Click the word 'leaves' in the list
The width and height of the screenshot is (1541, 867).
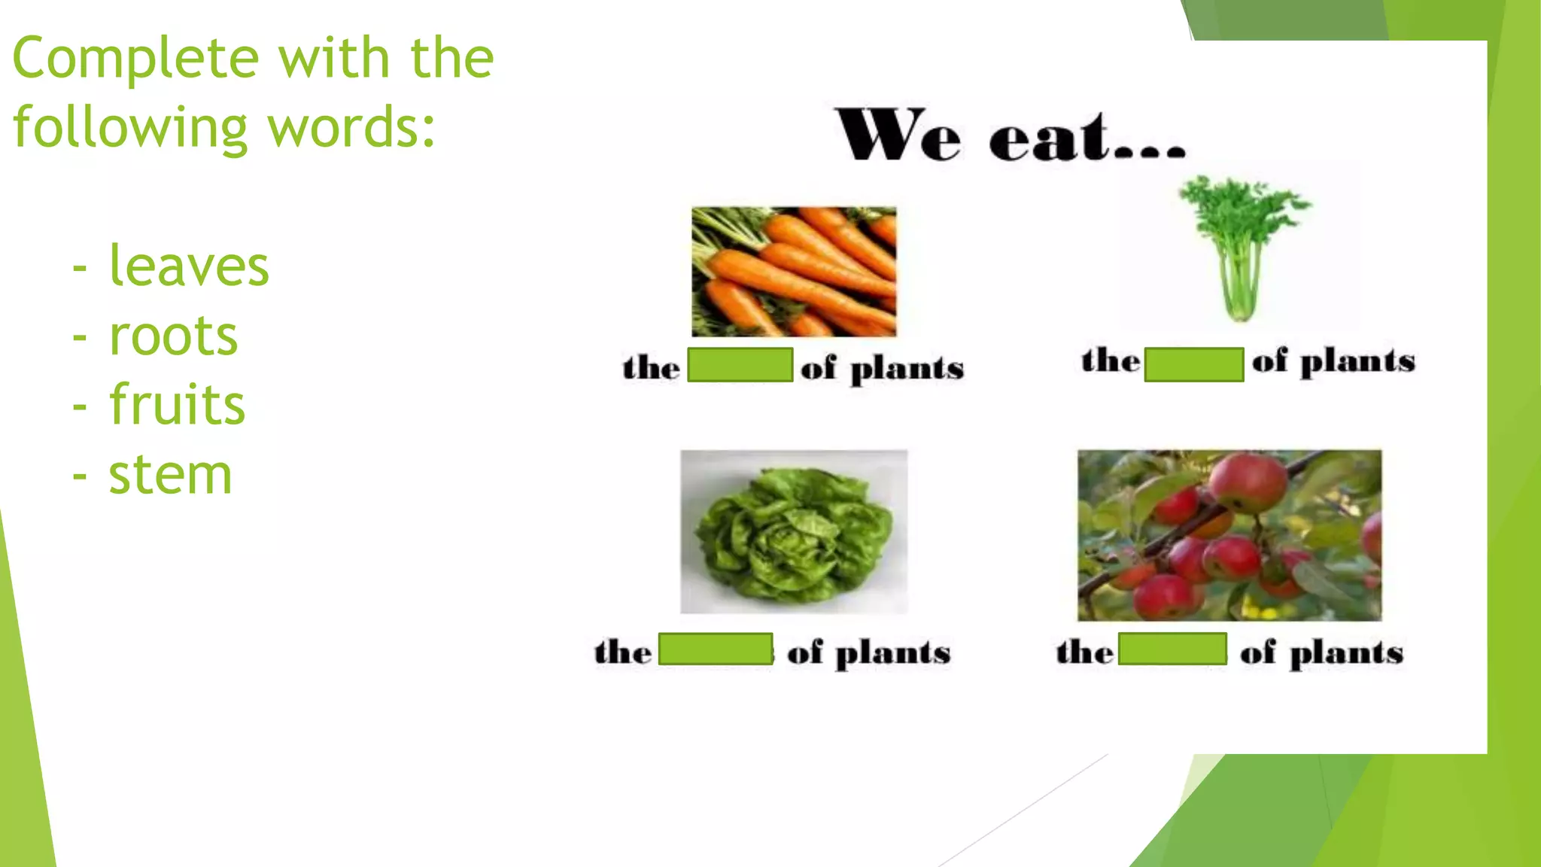click(189, 266)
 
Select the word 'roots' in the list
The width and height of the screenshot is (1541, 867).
click(173, 336)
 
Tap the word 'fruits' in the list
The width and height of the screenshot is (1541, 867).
click(177, 405)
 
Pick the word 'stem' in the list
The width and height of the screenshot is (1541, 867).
click(170, 475)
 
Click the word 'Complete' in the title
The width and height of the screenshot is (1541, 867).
click(136, 59)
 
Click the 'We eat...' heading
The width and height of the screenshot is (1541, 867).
click(1011, 136)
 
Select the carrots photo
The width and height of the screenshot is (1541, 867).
click(794, 271)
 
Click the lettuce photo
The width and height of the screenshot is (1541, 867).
click(794, 531)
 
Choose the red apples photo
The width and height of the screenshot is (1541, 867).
click(1229, 535)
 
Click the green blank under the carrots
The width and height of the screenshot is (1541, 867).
click(740, 365)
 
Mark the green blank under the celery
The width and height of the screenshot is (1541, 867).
click(1193, 364)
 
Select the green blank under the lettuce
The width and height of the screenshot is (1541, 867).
click(716, 649)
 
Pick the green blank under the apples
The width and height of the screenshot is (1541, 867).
click(1172, 649)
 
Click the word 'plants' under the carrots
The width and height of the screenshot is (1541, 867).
click(907, 370)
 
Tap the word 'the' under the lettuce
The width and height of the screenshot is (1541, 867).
click(623, 652)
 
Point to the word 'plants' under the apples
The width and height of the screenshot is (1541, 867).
click(1346, 653)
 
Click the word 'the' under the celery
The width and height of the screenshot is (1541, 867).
click(1110, 361)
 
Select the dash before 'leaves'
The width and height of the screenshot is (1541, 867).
click(80, 267)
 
